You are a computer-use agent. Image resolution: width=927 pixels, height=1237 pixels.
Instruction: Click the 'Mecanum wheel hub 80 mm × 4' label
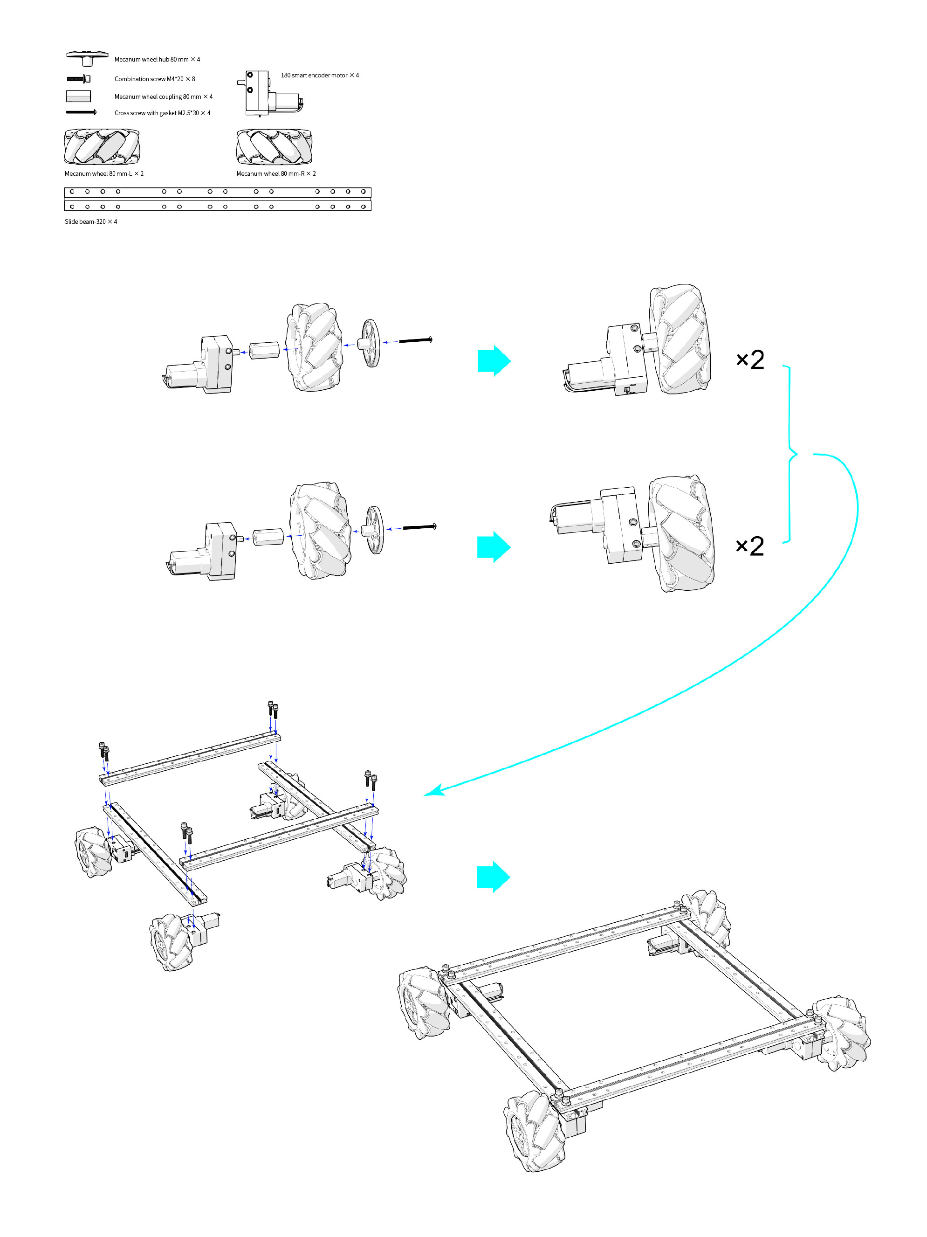click(157, 59)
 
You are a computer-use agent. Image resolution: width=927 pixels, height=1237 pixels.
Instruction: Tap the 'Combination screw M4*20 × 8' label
click(154, 79)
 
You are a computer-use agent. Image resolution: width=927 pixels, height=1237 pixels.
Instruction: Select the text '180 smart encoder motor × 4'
click(319, 75)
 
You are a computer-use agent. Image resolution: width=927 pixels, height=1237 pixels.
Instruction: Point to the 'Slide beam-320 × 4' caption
click(90, 221)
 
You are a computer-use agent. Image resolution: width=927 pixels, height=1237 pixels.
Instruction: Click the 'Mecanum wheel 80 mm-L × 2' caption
click(104, 173)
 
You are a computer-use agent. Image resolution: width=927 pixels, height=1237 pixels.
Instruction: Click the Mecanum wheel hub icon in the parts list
click(87, 57)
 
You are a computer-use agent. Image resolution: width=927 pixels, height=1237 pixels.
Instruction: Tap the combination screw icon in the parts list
click(79, 79)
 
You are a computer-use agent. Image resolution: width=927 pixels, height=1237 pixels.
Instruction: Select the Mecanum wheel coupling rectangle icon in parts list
click(78, 96)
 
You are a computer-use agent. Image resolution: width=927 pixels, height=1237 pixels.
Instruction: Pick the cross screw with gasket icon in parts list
click(81, 112)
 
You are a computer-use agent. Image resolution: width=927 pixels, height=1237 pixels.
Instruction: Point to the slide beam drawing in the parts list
click(218, 199)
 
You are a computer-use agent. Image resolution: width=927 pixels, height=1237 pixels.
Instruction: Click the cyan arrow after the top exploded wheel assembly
click(493, 361)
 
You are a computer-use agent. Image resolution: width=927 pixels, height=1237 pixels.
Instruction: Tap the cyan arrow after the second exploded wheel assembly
click(493, 547)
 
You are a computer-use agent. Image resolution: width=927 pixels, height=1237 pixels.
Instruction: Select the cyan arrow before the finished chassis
click(493, 877)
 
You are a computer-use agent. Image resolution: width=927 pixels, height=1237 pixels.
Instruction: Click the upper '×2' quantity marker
click(749, 359)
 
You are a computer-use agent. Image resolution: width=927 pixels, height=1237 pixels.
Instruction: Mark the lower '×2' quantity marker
click(749, 546)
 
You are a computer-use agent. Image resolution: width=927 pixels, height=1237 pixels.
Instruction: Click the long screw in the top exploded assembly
click(415, 339)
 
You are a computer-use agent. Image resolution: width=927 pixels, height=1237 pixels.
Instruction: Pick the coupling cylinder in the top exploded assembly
click(264, 351)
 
